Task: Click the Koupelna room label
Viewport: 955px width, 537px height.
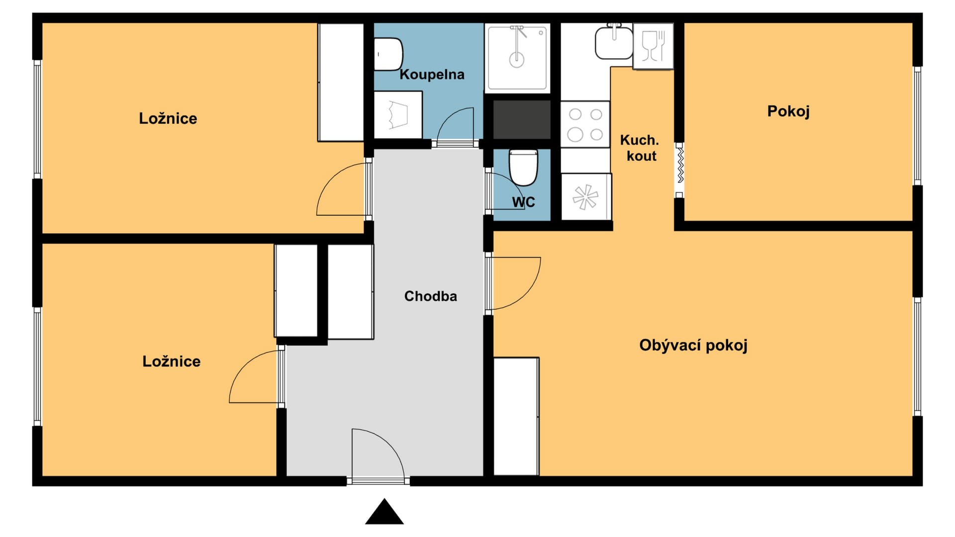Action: coord(432,75)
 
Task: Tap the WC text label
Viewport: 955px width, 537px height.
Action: coord(523,202)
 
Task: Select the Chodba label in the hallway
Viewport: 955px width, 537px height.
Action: coord(430,296)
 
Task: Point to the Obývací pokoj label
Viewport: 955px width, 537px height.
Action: coord(693,345)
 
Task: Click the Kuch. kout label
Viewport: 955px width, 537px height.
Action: coord(640,148)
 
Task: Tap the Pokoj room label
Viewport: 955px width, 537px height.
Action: coord(788,111)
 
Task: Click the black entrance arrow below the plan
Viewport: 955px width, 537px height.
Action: coord(384,512)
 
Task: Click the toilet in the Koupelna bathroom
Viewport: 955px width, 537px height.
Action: coord(388,54)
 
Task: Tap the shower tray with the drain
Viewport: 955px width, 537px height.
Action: coord(517,58)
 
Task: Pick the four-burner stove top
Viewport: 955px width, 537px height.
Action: coord(585,124)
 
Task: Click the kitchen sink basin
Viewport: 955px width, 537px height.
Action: coord(614,43)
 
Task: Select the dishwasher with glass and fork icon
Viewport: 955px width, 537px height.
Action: coord(653,46)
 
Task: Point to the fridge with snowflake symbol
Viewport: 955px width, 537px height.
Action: coord(586,197)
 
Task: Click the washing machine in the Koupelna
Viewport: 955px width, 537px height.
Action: coord(398,115)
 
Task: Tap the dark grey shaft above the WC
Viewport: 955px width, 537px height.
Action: coord(522,120)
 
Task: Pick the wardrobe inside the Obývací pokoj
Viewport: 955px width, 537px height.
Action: coord(516,417)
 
